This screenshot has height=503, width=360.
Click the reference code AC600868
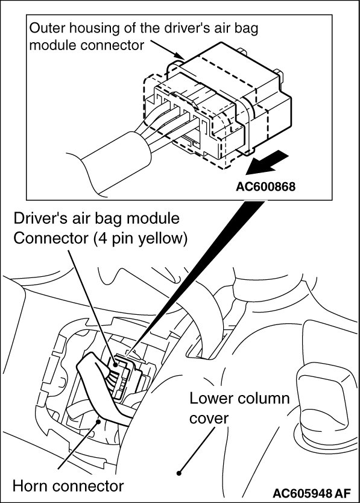(265, 186)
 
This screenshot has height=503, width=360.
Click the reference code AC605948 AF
(312, 492)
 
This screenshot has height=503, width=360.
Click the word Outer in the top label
(47, 28)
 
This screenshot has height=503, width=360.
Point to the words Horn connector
(68, 486)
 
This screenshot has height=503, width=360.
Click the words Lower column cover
(239, 408)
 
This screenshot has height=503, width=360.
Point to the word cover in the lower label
(209, 419)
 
